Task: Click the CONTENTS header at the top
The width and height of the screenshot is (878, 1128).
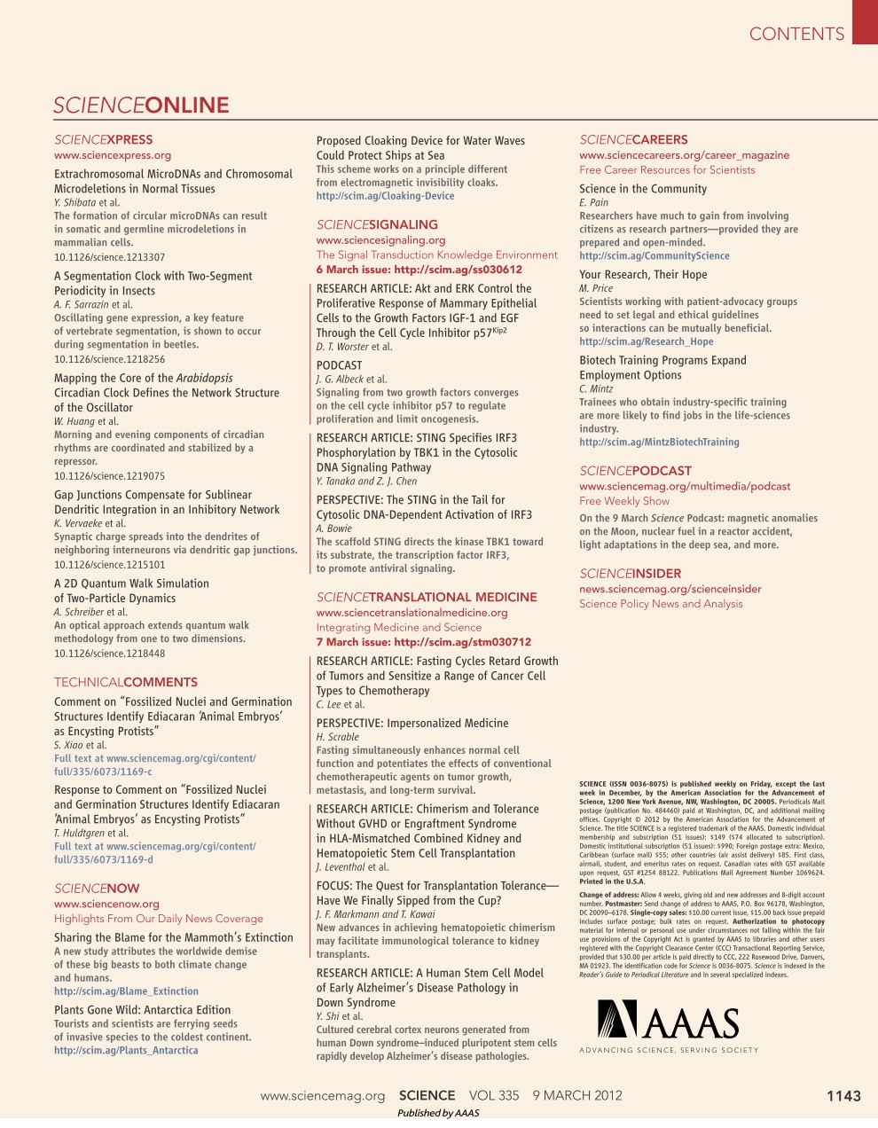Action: (x=796, y=35)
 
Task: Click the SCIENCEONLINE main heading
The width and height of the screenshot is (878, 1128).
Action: (x=141, y=106)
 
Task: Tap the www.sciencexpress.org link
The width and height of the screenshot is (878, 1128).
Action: (x=113, y=155)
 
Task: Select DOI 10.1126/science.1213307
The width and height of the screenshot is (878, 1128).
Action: (x=109, y=257)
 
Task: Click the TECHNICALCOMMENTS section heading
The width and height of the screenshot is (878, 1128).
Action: (x=126, y=682)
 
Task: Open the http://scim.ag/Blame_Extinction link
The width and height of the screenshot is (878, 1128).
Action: (x=126, y=991)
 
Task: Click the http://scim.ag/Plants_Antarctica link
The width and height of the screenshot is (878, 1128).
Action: (x=126, y=1050)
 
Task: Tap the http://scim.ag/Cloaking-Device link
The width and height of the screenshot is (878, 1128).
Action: (x=385, y=196)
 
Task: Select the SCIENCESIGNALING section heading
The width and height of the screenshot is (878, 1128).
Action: (x=377, y=224)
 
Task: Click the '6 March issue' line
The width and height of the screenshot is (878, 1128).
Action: (x=419, y=270)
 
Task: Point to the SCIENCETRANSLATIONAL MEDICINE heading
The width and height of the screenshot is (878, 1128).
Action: (x=427, y=597)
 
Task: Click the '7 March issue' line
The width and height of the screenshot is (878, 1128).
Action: (x=423, y=642)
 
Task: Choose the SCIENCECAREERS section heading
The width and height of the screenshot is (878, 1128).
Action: (x=633, y=139)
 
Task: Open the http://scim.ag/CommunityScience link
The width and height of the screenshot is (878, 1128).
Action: (x=655, y=256)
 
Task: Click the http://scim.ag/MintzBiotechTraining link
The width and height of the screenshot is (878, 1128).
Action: (x=659, y=443)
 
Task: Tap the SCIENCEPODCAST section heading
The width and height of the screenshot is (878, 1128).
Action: (x=635, y=471)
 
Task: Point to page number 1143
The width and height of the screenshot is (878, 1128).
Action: (x=843, y=1096)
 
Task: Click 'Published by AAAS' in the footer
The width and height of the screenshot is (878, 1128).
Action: (x=438, y=1113)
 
